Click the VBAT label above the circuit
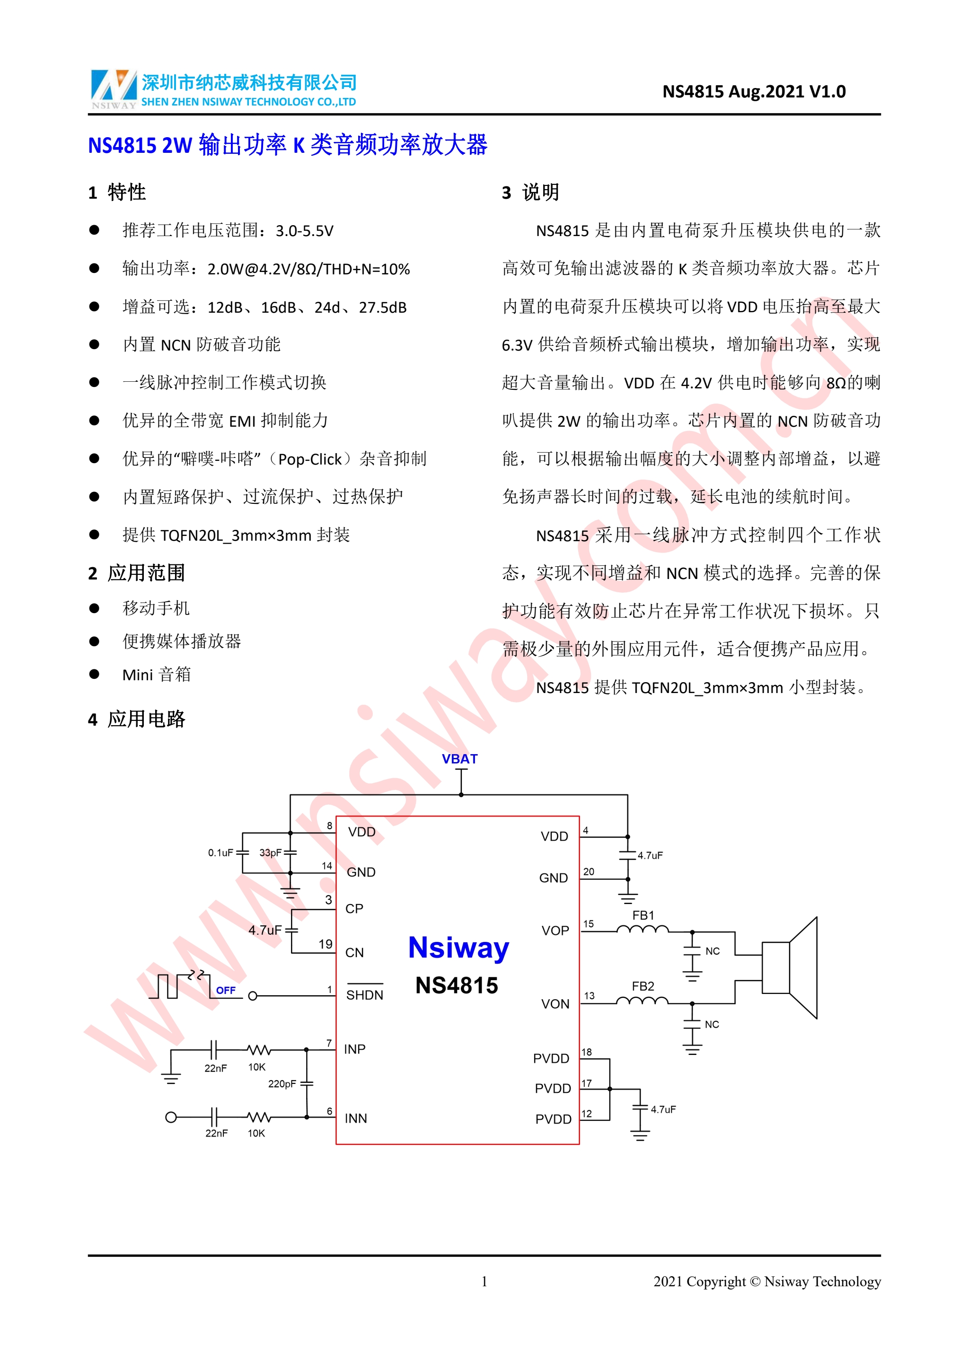pos(459,759)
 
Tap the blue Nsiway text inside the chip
pos(459,948)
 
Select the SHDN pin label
pos(365,995)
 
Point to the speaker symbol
pos(789,967)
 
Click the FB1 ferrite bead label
pos(643,915)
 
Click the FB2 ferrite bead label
pos(643,986)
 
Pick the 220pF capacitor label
pos(282,1084)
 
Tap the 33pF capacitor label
pos(270,852)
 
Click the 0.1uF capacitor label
pos(220,852)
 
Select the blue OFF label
pos(226,991)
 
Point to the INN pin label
pos(356,1118)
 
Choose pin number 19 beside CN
pos(325,944)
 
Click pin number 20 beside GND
pos(589,872)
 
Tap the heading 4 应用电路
pos(137,719)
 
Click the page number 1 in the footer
pos(484,1281)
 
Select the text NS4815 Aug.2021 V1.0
pos(754,91)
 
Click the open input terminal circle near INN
pos(171,1117)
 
